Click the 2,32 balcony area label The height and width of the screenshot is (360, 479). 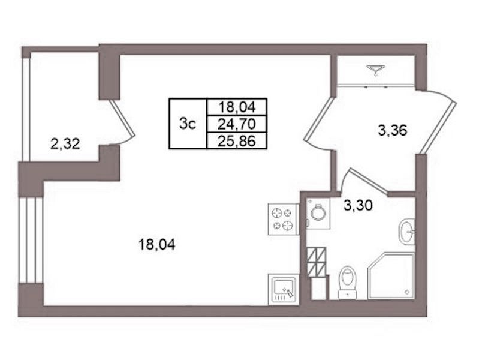pos(65,144)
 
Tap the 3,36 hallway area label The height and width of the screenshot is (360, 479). pos(393,131)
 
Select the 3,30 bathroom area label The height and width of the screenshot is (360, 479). pos(358,206)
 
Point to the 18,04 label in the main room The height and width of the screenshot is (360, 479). pos(156,245)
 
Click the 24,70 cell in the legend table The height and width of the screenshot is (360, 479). pos(237,124)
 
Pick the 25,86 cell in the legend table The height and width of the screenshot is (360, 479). pos(237,141)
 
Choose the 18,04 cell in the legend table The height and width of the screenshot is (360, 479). pos(237,107)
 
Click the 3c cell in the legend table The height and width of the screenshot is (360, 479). pos(188,124)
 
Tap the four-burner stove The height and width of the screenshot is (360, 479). pos(283,220)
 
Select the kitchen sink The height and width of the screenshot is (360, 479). pos(283,289)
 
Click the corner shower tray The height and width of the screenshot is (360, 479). pos(391,275)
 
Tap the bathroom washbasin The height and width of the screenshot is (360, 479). pos(406,232)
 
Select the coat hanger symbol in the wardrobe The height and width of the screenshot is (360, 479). pos(376,69)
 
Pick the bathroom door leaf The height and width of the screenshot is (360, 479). pos(369,182)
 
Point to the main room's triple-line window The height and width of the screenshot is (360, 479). pos(31,240)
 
